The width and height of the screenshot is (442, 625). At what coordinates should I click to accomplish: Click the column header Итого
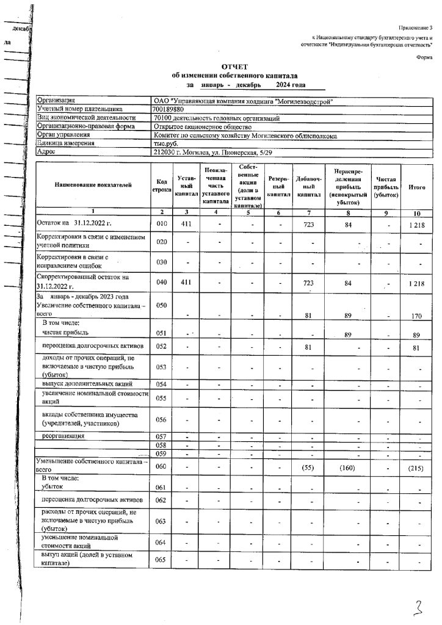[417, 187]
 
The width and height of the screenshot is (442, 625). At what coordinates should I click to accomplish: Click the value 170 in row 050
[417, 316]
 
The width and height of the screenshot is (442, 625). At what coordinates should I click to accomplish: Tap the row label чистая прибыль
[65, 333]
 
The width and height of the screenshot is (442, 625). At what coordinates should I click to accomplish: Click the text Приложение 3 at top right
[416, 29]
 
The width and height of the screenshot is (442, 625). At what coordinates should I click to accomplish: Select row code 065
[162, 561]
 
